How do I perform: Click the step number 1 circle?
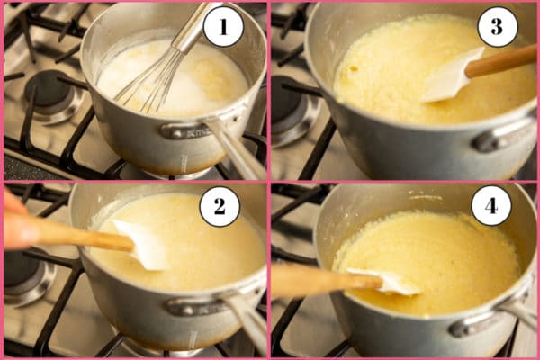click(223, 27)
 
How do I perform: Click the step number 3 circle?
click(497, 27)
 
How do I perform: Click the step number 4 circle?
click(491, 207)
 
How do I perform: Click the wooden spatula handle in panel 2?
click(76, 235)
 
